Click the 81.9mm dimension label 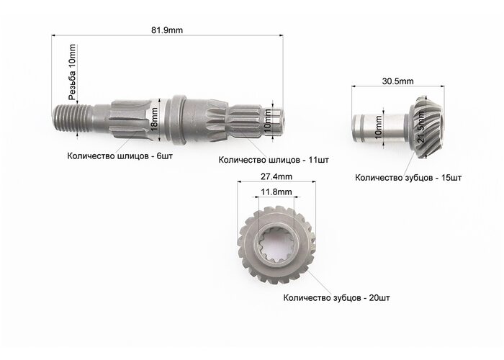coord(167,30)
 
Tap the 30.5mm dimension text coord(397,81)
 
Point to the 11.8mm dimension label coord(276,192)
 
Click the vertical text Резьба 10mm coord(73,72)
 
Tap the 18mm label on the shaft coord(154,120)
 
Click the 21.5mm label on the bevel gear coord(421,126)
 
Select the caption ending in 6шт coord(120,156)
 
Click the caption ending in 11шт coord(274,160)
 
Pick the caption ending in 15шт coord(408,178)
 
